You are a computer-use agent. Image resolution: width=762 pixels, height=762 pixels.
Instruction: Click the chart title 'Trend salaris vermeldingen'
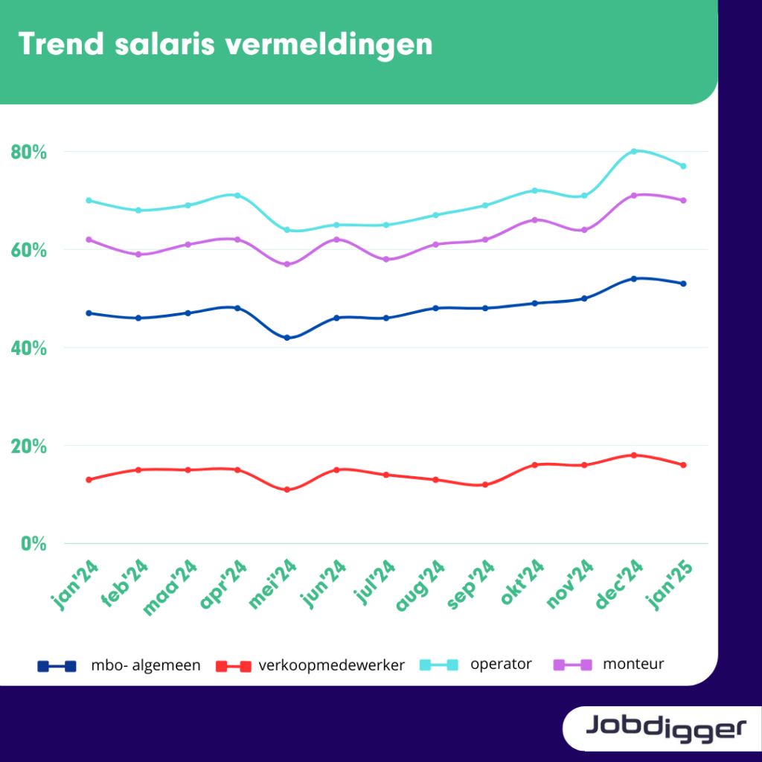(225, 45)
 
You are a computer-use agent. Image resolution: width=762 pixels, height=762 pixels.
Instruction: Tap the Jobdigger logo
(666, 729)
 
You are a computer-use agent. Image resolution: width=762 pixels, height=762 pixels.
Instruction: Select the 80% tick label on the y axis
(29, 152)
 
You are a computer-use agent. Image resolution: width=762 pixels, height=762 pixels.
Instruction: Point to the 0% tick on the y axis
(33, 543)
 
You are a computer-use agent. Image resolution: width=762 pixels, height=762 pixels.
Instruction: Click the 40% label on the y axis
(29, 348)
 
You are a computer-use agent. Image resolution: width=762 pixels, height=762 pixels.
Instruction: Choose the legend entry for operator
(476, 665)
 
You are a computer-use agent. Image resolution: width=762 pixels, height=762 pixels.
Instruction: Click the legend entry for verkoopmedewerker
(310, 665)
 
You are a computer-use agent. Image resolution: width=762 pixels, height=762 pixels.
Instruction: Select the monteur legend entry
(609, 665)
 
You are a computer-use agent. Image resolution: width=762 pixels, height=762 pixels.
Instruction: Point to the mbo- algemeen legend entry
(119, 665)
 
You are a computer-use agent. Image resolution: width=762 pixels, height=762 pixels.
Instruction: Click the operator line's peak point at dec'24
(634, 152)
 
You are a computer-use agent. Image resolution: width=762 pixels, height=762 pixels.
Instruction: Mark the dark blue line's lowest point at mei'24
(287, 338)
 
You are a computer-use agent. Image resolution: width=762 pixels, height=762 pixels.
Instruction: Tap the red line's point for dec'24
(634, 455)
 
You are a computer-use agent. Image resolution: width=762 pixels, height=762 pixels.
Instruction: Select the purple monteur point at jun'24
(337, 240)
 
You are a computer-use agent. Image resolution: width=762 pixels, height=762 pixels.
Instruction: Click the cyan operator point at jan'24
(89, 200)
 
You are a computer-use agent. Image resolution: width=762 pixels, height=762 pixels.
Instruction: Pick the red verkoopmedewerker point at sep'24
(485, 484)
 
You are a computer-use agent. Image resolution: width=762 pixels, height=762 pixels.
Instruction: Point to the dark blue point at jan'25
(683, 284)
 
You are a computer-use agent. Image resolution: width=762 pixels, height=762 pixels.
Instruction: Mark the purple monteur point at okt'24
(534, 220)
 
